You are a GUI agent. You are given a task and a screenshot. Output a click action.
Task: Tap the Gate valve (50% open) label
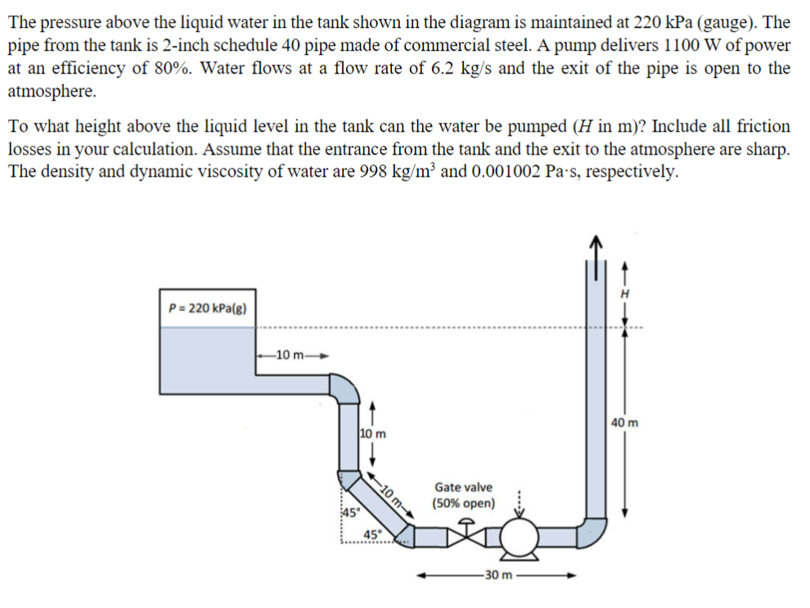pos(464,494)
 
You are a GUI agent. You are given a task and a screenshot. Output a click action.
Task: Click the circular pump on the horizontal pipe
pos(518,538)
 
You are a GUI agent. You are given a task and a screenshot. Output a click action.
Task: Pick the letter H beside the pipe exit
pos(626,292)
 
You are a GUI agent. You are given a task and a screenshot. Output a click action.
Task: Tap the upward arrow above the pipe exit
pos(596,243)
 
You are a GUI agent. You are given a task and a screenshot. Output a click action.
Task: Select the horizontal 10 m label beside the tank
pos(291,354)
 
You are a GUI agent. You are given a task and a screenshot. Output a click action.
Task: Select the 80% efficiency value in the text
pos(168,68)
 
